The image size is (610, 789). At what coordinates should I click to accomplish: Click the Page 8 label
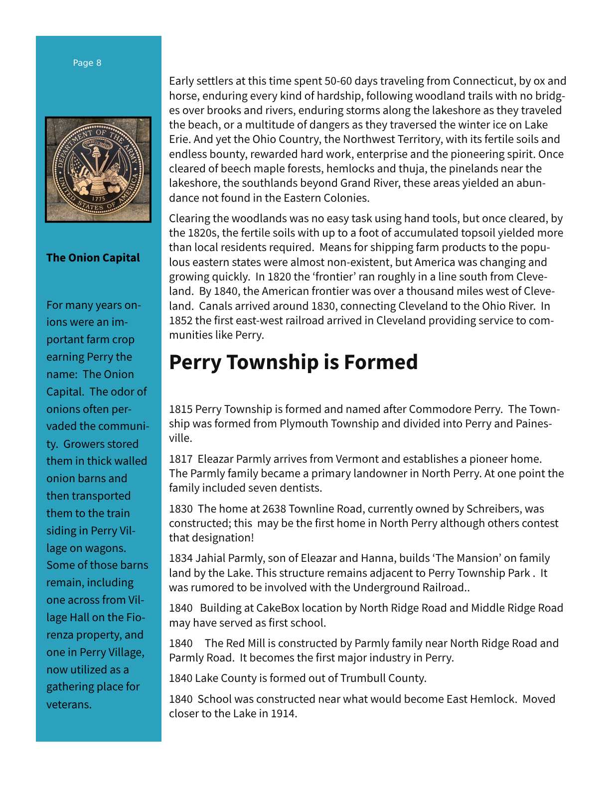[x=87, y=63]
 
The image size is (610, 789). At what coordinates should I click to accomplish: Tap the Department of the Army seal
[x=98, y=169]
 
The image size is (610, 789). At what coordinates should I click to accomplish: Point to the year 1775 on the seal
[x=98, y=199]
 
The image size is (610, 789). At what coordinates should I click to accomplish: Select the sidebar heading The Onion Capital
[x=93, y=258]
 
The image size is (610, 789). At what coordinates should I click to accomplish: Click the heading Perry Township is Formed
[x=293, y=362]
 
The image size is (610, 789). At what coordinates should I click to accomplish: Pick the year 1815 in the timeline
[x=180, y=409]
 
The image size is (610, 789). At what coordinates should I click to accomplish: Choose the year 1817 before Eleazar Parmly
[x=180, y=459]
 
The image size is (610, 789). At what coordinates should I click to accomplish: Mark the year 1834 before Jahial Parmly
[x=180, y=558]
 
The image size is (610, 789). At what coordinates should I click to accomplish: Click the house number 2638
[x=274, y=509]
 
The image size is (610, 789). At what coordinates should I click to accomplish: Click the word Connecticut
[x=483, y=81]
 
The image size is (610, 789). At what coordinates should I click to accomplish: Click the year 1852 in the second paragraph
[x=180, y=320]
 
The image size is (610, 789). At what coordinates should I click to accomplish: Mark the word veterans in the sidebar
[x=69, y=704]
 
